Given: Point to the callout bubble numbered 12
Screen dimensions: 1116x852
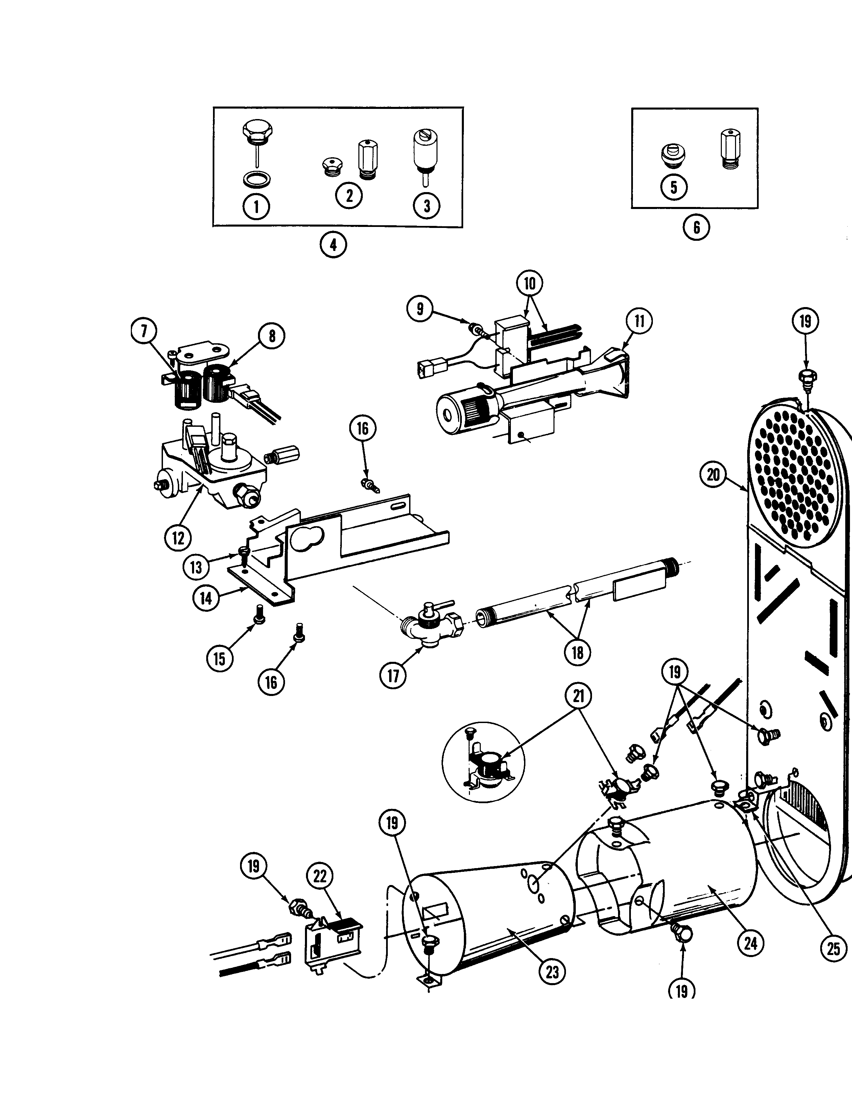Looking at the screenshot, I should [178, 538].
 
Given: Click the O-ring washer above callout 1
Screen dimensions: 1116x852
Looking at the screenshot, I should [257, 179].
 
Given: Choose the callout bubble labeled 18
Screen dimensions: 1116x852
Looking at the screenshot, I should [577, 652].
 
